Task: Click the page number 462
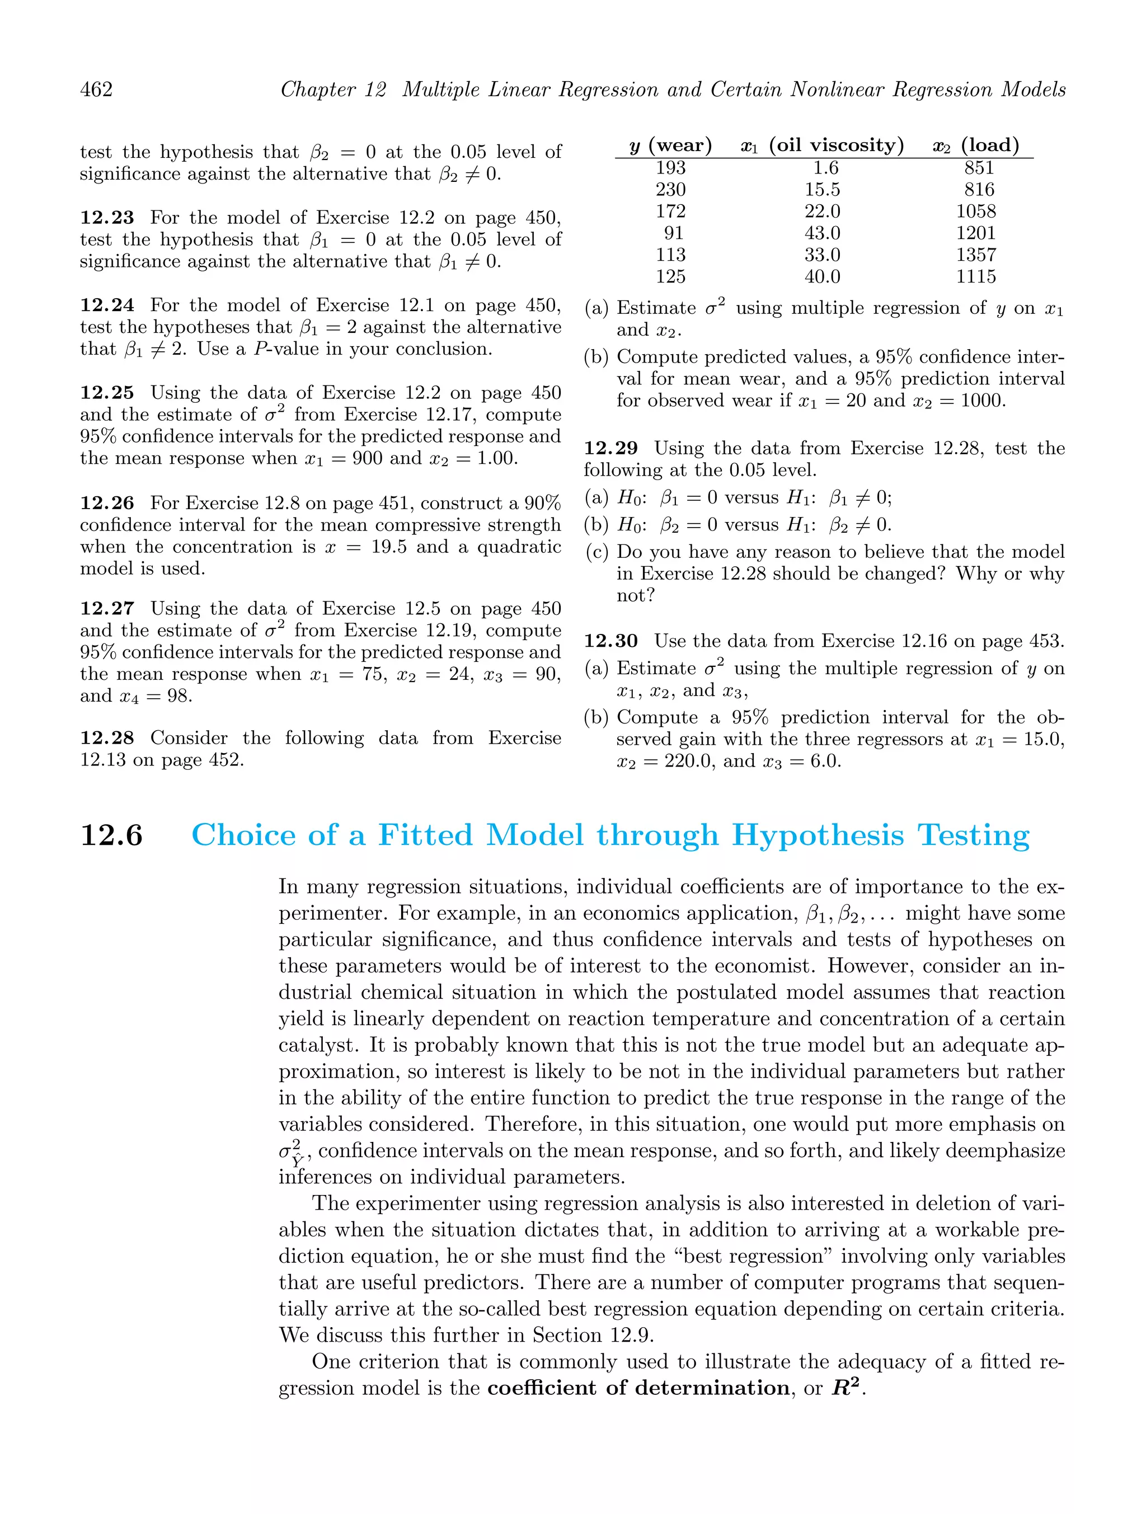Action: (x=97, y=90)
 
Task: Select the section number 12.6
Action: (x=111, y=836)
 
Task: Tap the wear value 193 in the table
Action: (x=670, y=168)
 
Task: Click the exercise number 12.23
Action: (x=107, y=218)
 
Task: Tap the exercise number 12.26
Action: (x=107, y=503)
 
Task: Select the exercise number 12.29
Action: (x=610, y=448)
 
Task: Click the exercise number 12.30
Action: (x=610, y=641)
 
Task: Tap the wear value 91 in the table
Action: (x=674, y=233)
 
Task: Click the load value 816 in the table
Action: (x=979, y=190)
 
